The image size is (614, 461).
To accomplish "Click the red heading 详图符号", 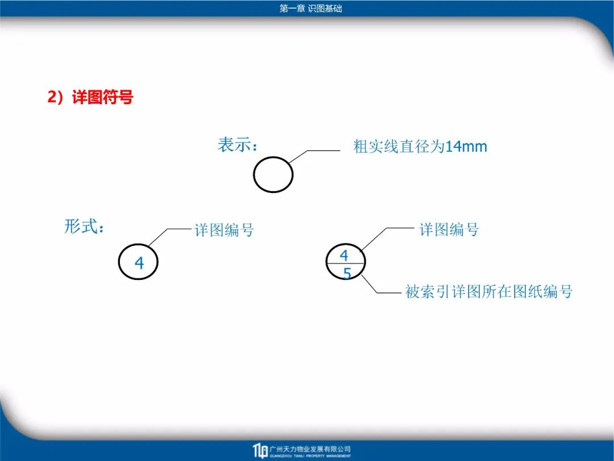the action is point(102,97).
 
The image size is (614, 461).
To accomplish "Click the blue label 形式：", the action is point(85,227).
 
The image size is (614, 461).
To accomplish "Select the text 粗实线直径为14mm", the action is point(420,147).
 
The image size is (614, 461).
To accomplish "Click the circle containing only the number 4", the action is point(119,262).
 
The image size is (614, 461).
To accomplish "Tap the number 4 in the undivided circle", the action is point(139,263).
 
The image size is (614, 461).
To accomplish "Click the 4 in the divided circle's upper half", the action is point(344,256).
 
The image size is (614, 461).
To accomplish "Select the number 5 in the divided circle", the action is point(347,273).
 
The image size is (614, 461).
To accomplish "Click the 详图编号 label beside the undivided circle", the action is point(224,230).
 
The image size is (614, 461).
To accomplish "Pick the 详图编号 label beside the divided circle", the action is point(449,230).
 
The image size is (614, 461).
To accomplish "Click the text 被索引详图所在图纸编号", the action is point(489,291).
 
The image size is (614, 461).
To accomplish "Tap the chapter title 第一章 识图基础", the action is point(311,8).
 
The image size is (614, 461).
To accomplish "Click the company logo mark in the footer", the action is point(260,451).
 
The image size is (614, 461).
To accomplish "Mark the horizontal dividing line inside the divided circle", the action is point(346,264).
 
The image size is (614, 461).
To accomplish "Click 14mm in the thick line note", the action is point(466,147).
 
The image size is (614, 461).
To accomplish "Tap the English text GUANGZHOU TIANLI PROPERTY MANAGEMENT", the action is point(310,456).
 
